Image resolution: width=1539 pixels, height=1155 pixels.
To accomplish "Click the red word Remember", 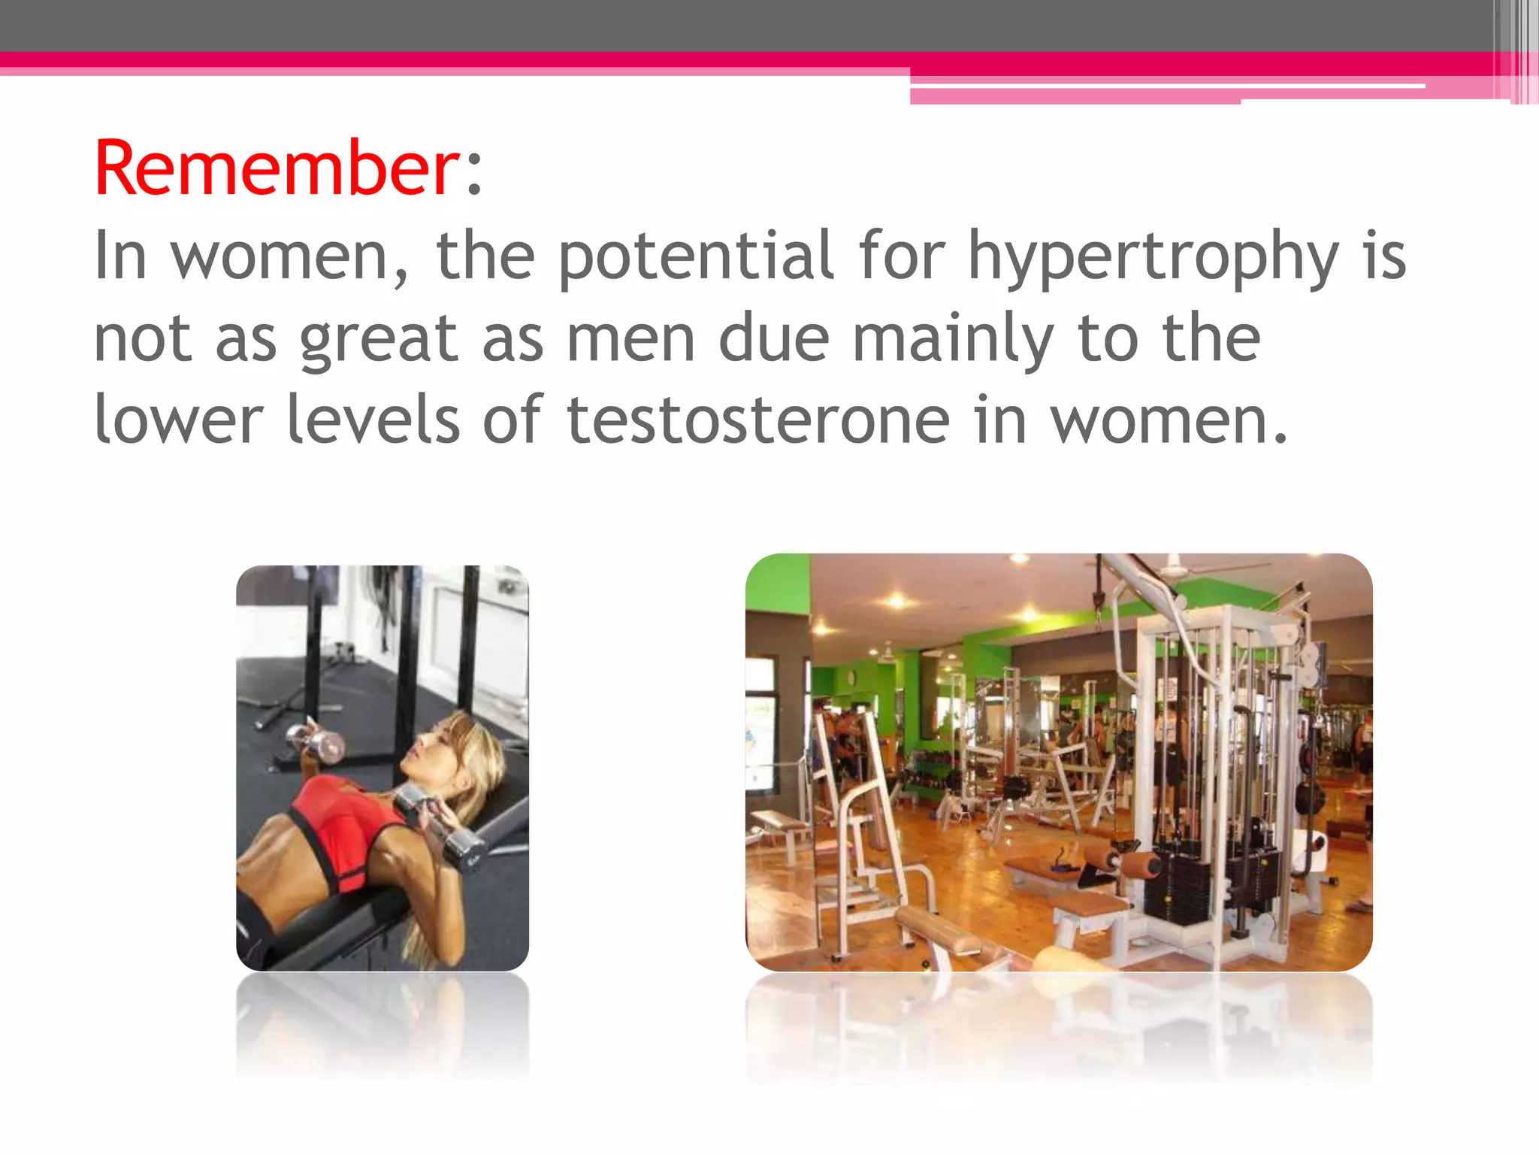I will [x=277, y=169].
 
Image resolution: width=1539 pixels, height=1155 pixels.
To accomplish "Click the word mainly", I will [x=953, y=338].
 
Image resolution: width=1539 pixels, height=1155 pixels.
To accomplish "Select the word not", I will [x=143, y=338].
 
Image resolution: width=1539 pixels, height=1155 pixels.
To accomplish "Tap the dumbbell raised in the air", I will [x=316, y=740].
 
